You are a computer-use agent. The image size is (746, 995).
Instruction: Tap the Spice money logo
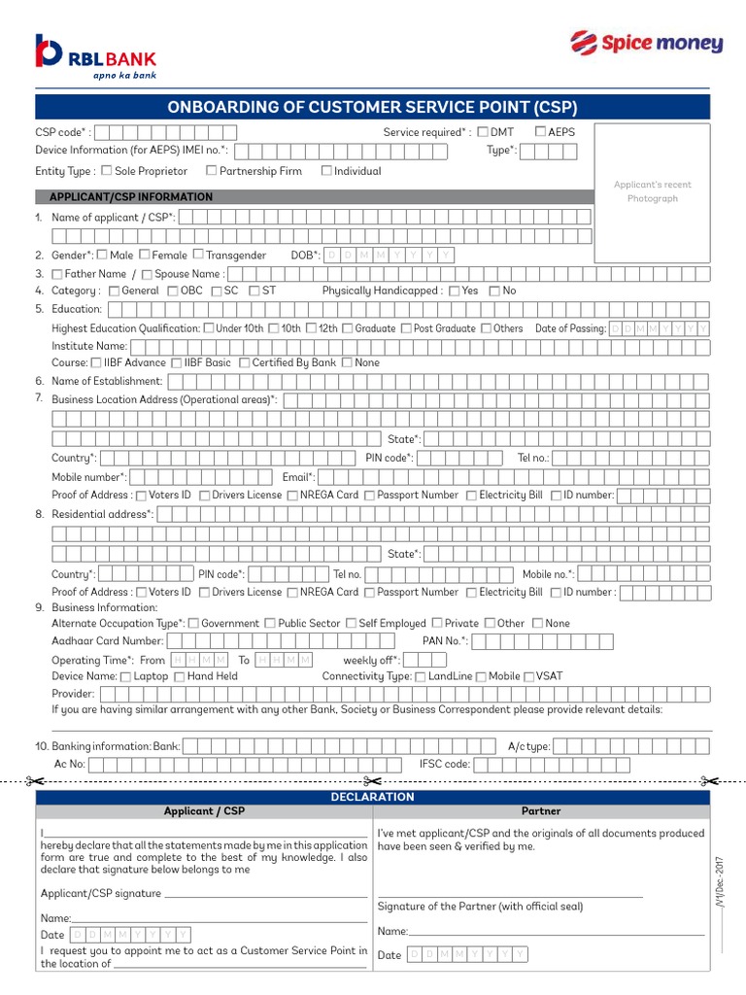coord(645,43)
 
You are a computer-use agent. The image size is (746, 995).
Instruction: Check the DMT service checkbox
coord(483,131)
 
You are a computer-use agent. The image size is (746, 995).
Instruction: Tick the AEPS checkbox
coord(541,131)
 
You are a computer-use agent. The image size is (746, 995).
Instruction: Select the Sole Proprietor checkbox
coord(106,171)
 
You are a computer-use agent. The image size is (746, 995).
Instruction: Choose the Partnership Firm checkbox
coord(211,171)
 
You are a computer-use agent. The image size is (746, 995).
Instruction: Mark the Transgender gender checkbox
coord(198,255)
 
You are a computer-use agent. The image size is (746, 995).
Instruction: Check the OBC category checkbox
coord(173,291)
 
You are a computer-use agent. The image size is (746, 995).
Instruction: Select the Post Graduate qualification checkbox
coord(406,328)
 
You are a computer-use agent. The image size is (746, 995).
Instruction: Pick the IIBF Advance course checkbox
coord(95,362)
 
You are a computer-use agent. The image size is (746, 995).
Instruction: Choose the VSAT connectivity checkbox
coord(528,676)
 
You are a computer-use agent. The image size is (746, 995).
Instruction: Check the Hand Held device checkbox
coord(180,676)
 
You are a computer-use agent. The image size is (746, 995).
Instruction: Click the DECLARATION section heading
coord(373,797)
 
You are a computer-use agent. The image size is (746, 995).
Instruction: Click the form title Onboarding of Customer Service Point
coord(373,107)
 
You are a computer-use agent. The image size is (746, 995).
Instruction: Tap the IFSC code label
coord(445,764)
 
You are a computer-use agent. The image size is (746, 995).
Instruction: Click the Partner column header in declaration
coord(541,810)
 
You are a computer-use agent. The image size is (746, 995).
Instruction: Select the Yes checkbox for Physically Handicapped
coord(454,291)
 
